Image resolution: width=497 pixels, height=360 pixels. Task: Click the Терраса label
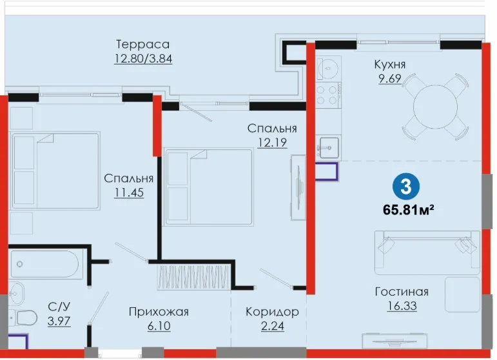pos(142,44)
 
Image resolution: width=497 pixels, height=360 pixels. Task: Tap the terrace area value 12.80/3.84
pos(143,59)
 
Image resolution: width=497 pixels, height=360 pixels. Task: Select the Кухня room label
pos(390,64)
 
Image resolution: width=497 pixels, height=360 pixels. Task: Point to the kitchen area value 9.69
pos(390,78)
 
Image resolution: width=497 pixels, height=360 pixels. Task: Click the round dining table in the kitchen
pos(436,107)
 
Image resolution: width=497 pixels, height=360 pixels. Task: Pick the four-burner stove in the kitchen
pos(327,95)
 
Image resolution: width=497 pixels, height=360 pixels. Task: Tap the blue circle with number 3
pos(406,187)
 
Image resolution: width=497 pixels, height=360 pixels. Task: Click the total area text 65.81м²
pos(408,209)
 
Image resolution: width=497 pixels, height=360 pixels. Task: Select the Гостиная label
pos(402,292)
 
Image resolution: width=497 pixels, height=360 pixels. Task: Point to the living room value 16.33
pos(402,306)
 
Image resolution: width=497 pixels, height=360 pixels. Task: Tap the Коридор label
pos(272,312)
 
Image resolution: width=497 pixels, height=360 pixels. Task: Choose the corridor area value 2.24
pos(273,326)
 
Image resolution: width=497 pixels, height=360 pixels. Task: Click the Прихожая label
pos(159,312)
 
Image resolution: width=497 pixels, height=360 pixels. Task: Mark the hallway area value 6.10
pos(159,326)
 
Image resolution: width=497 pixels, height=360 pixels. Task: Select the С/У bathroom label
pos(59,307)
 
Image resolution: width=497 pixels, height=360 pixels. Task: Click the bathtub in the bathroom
pos(44,264)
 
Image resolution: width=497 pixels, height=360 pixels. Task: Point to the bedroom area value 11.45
pos(129,192)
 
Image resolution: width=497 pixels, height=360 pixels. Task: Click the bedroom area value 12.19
pos(272,142)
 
